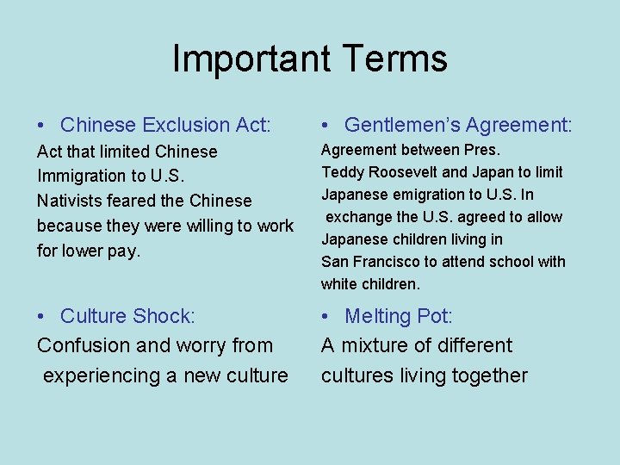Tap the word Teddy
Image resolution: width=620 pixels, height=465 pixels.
342,172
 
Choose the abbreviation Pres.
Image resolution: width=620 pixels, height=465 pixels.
483,151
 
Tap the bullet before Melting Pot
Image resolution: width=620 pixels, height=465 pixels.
326,317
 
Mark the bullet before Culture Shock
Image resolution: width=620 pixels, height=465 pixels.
42,317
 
